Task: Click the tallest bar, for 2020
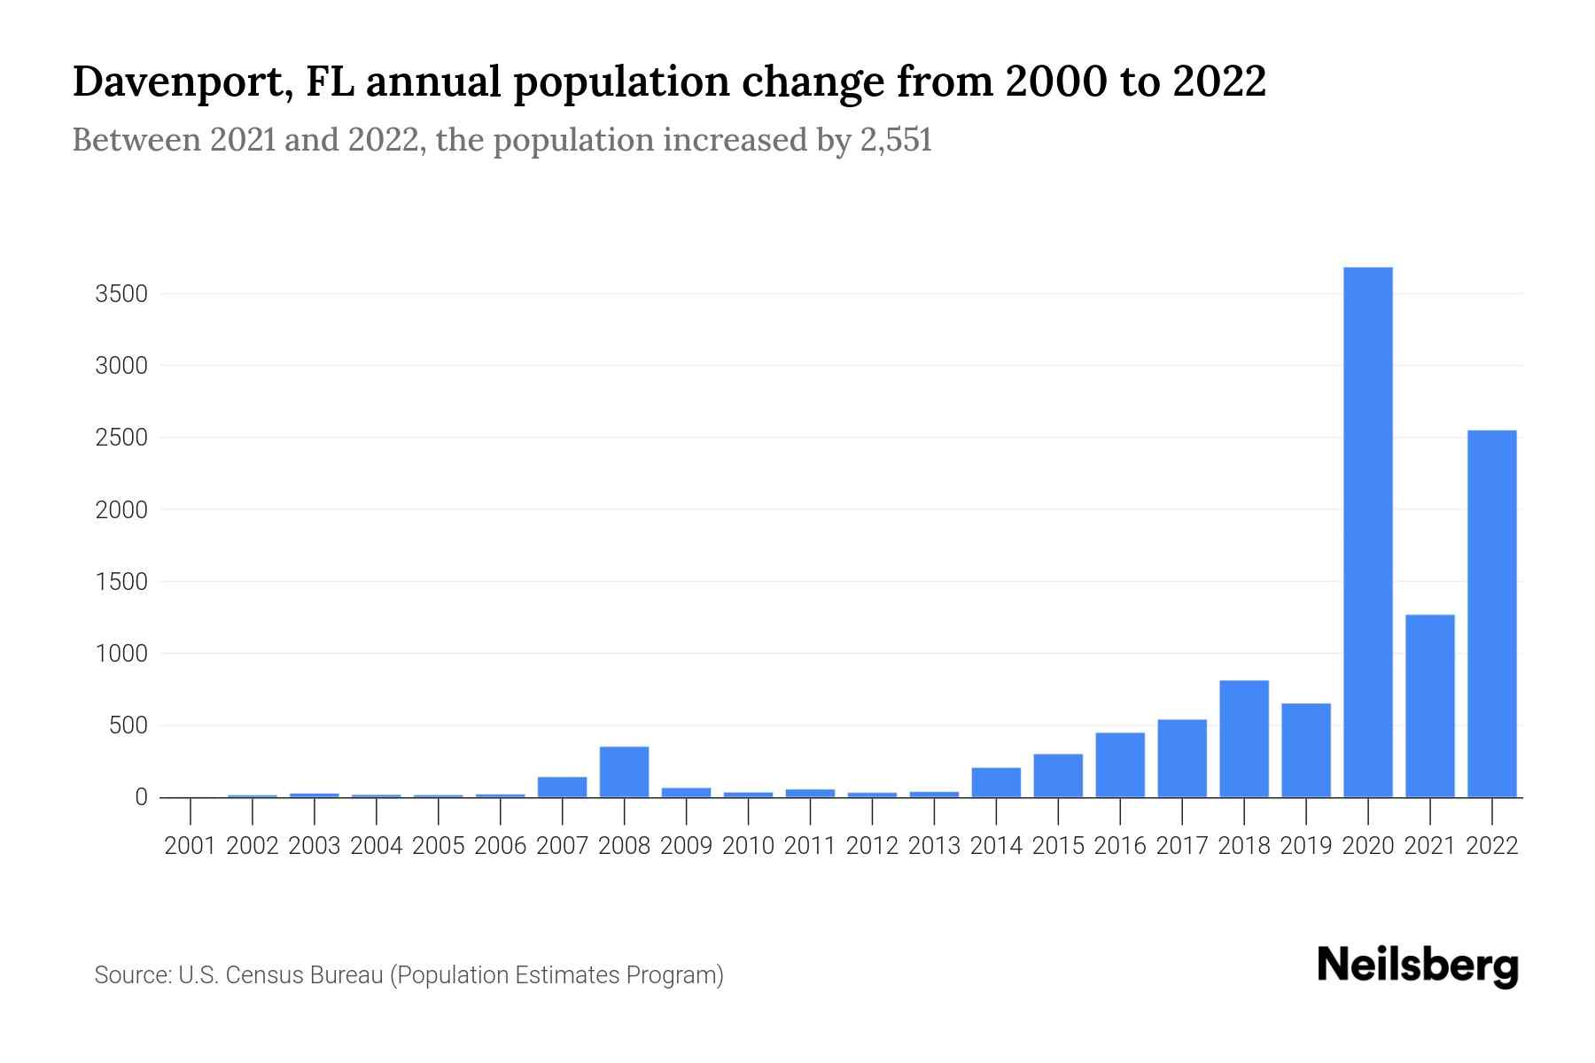[1367, 531]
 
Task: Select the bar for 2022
[1491, 613]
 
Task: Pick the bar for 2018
[1243, 739]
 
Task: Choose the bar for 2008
[624, 772]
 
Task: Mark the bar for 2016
[1119, 764]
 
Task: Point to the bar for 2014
[996, 782]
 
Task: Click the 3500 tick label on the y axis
[121, 294]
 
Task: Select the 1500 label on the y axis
[121, 582]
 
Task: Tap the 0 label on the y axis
[141, 797]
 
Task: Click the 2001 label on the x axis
[191, 846]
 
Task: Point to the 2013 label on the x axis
[934, 846]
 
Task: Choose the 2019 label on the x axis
[1305, 846]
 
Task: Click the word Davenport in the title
[178, 82]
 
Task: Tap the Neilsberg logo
[1417, 966]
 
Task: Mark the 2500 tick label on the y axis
[121, 438]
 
